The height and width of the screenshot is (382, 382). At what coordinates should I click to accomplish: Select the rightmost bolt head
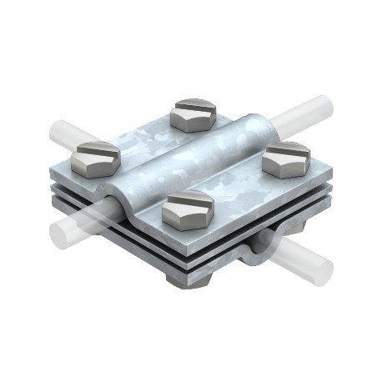288,160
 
